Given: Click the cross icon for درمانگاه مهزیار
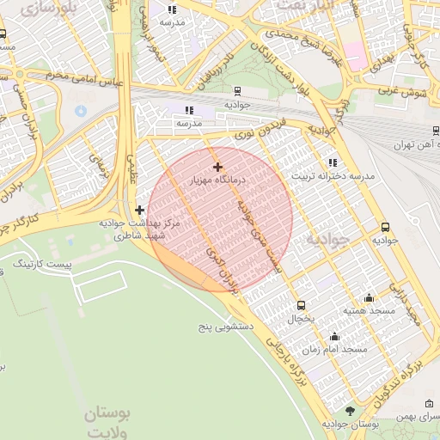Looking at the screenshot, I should tap(217, 166).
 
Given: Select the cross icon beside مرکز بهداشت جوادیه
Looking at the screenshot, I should tap(140, 209).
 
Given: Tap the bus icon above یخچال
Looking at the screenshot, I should tap(301, 305).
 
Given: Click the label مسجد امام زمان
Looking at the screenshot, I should tap(342, 350).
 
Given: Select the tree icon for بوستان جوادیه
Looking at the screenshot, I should tap(349, 411).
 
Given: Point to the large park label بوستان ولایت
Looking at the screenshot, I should tap(107, 422).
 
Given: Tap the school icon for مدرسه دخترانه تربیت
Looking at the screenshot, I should tap(333, 162).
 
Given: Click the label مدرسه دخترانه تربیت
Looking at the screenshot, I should tap(333, 176).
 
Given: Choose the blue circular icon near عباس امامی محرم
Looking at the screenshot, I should tap(82, 111).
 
